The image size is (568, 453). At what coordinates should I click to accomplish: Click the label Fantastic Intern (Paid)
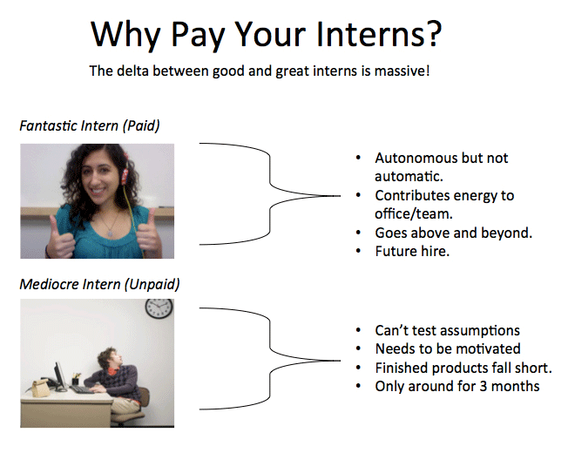90,126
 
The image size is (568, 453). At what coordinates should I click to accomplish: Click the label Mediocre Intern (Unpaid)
99,285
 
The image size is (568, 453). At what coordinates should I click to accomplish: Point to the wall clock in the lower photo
159,308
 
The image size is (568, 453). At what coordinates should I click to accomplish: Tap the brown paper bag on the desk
40,388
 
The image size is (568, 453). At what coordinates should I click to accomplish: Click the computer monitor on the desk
60,376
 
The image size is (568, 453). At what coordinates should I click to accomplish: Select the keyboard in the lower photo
82,389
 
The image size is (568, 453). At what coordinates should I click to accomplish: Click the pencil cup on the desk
75,379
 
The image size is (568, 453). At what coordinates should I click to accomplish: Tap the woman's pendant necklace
110,233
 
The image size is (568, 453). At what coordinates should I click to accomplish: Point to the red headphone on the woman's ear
125,173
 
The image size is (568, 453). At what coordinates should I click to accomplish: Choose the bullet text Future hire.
412,251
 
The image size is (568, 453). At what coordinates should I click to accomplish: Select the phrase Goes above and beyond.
454,233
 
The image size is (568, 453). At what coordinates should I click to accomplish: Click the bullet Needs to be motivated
448,348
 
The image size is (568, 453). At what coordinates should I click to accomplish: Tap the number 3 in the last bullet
483,387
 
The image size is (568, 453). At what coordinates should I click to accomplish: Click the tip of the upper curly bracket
340,196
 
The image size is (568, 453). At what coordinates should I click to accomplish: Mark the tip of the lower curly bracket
340,361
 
